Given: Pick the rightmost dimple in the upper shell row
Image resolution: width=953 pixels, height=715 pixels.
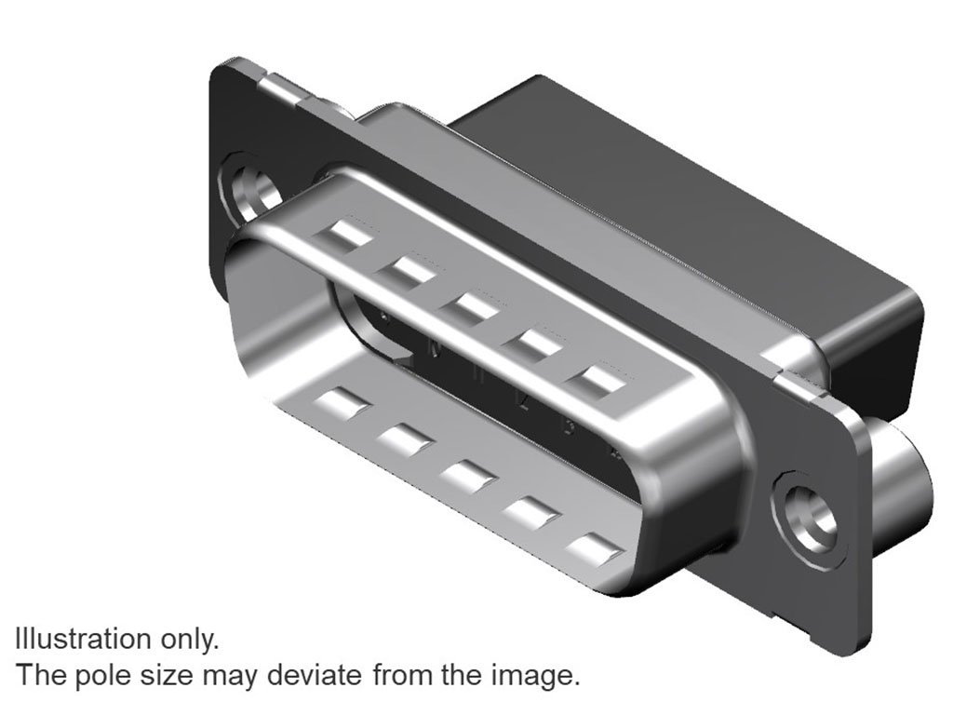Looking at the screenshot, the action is (597, 380).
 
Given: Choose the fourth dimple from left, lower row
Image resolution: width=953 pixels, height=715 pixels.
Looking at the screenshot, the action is (530, 512).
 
